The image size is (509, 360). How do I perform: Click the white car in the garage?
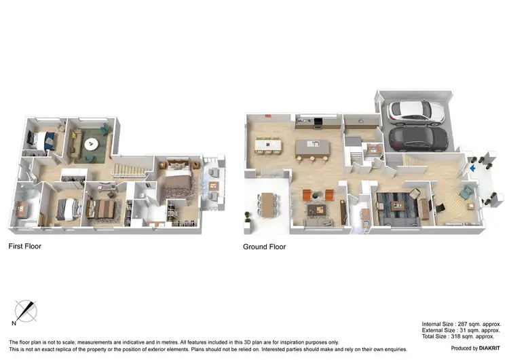tap(414, 111)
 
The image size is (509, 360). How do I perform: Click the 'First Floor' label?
tap(24, 246)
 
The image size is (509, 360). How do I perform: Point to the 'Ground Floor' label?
tap(264, 247)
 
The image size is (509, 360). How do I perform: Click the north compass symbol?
tap(26, 311)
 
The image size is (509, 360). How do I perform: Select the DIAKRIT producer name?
tap(486, 348)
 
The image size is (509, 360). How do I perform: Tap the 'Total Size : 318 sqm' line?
tap(457, 336)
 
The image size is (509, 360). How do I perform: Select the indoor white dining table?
tap(268, 145)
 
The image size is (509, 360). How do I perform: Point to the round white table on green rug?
tap(91, 144)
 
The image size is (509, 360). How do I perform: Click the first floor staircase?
tap(129, 165)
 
